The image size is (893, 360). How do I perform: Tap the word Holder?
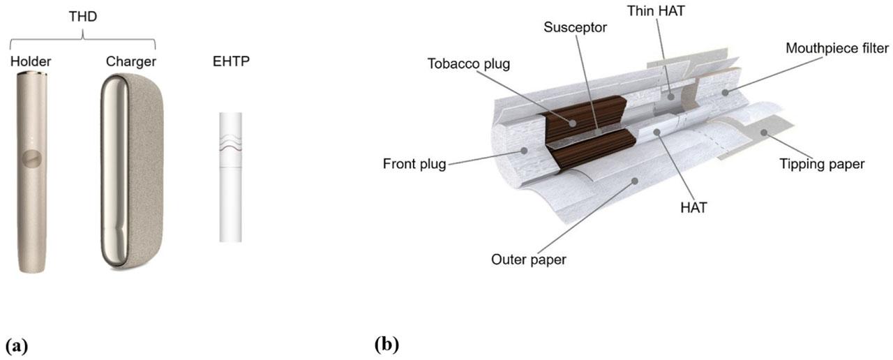(x=31, y=62)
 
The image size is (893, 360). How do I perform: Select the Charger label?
(x=131, y=62)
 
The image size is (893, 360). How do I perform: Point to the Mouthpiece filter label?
(x=837, y=48)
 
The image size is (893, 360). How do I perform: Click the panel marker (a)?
(x=17, y=345)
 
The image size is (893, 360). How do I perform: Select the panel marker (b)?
(x=387, y=345)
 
